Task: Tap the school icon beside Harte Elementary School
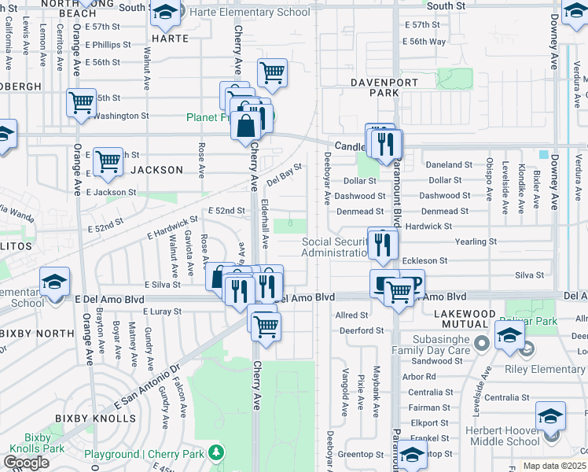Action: coord(165,13)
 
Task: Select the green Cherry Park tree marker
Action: coord(214,454)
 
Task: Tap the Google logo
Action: coord(26,463)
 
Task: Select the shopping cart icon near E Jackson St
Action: coord(108,161)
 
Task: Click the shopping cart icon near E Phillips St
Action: coord(272,72)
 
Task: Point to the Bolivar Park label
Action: coord(557,322)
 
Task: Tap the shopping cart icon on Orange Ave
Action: coord(81,102)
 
